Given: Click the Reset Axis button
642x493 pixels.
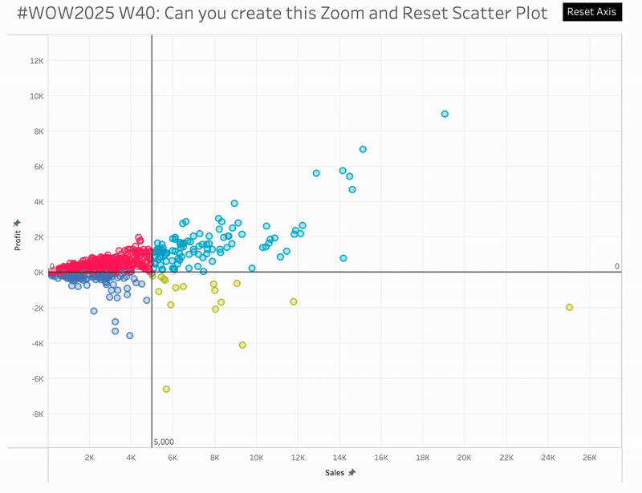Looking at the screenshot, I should (591, 12).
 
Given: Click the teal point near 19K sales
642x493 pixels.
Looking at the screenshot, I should (445, 114).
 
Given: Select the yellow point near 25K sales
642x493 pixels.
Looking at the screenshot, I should (569, 307).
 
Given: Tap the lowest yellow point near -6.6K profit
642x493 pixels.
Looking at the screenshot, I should (166, 389).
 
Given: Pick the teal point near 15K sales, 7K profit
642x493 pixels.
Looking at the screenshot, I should (363, 149).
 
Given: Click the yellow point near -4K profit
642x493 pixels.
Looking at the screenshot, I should (242, 345).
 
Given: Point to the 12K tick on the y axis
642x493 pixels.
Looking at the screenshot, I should (35, 61).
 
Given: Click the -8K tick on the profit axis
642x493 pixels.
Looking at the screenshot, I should (35, 414).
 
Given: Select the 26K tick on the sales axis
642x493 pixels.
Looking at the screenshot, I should (589, 458).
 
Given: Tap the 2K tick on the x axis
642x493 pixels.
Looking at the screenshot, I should (89, 458).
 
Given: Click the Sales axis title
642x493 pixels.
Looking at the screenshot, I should (335, 473).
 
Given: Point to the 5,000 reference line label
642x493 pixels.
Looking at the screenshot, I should (164, 442).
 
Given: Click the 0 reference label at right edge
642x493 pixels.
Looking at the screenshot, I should (616, 266).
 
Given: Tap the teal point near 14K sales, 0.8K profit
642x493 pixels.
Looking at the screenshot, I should (343, 258).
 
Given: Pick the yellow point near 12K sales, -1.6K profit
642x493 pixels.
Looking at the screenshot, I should (294, 301).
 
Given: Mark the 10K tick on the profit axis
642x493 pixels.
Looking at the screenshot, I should (35, 96).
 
